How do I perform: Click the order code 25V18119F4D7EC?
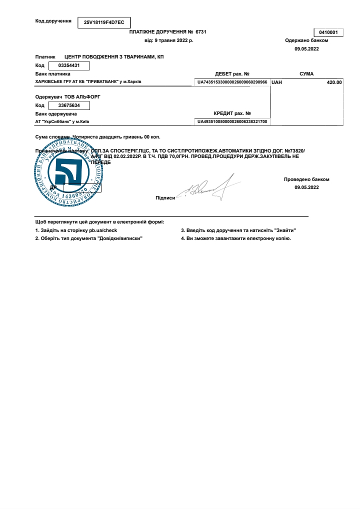coord(103,22)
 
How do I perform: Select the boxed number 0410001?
coord(328,32)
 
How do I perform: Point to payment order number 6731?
coord(201,31)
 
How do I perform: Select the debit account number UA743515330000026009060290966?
coord(232,81)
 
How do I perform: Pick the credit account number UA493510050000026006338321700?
coord(232,121)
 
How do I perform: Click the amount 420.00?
coord(334,82)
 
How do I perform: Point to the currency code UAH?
coord(277,82)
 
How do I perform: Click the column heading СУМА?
coord(306,73)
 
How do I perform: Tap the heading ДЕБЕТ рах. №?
coord(232,74)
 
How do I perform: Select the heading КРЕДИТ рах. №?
coord(232,113)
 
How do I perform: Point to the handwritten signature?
coord(210,188)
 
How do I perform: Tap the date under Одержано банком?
coord(306,48)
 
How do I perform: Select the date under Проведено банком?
coord(306,187)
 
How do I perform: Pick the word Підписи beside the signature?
coord(165,198)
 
